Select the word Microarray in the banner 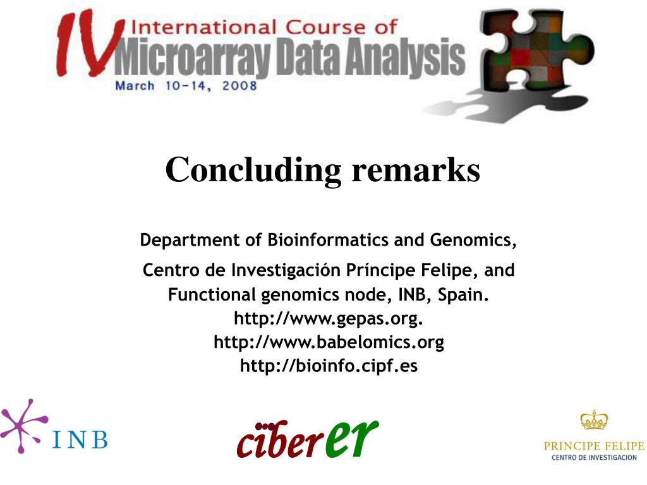click(x=193, y=57)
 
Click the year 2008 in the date click(x=239, y=86)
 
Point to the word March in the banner click(x=135, y=86)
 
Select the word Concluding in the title click(x=253, y=171)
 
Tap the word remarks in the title click(x=416, y=170)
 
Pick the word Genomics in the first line click(x=473, y=240)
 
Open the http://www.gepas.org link click(x=329, y=318)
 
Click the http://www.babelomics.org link click(x=329, y=342)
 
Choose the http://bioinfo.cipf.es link click(x=329, y=366)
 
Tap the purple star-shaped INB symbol click(x=23, y=426)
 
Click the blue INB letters click(x=80, y=440)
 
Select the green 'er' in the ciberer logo click(x=351, y=438)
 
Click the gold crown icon click(x=594, y=420)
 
